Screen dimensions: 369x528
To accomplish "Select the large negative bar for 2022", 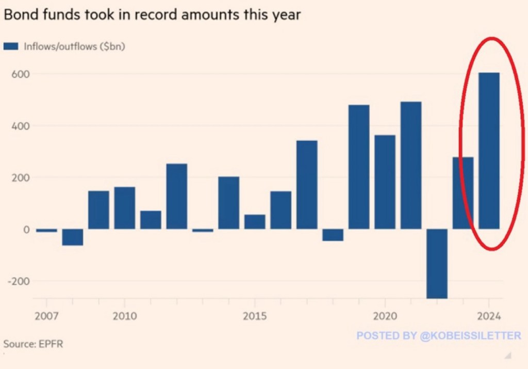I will [x=437, y=263].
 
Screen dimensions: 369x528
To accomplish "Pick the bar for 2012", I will [x=176, y=196].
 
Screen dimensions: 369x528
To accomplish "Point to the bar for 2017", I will [x=307, y=184].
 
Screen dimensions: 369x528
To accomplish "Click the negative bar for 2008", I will [x=73, y=237].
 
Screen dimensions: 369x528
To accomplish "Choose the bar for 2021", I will [x=411, y=165].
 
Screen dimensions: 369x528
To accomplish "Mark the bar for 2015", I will [x=255, y=222].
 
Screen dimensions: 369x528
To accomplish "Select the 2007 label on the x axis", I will [x=46, y=316].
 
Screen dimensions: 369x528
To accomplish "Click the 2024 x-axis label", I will [x=489, y=316].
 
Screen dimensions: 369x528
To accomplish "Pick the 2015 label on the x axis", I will [x=255, y=316].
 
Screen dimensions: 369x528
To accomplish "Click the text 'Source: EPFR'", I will [x=33, y=344].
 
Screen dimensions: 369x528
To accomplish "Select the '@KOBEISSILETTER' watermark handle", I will [x=471, y=336].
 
